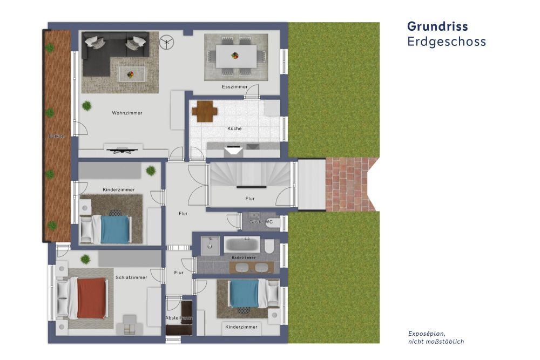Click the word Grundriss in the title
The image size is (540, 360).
pyautogui.click(x=437, y=26)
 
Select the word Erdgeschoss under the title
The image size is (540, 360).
pyautogui.click(x=446, y=42)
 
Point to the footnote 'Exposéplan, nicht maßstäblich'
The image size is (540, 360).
pyautogui.click(x=436, y=337)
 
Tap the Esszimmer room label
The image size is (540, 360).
pyautogui.click(x=234, y=86)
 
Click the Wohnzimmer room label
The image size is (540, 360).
pyautogui.click(x=127, y=113)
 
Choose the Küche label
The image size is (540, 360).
pyautogui.click(x=234, y=128)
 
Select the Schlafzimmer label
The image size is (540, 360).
pyautogui.click(x=131, y=277)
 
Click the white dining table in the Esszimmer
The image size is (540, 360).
pyautogui.click(x=236, y=56)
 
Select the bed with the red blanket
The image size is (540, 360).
pyautogui.click(x=89, y=298)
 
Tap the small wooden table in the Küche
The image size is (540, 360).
pyautogui.click(x=204, y=111)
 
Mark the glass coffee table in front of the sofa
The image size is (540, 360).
pyautogui.click(x=131, y=73)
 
